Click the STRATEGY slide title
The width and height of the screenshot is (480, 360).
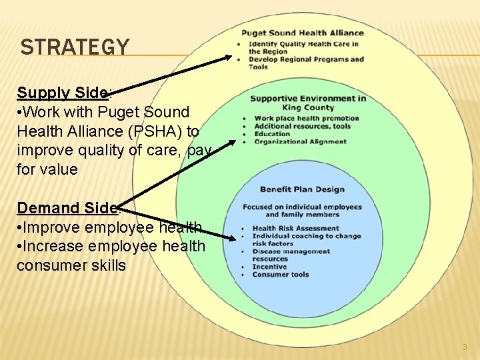click(75, 47)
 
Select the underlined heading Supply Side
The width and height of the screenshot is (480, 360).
click(62, 93)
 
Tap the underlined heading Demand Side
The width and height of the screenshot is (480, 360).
click(67, 208)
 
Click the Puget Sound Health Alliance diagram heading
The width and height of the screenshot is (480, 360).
click(302, 33)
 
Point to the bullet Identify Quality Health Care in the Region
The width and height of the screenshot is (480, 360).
click(303, 47)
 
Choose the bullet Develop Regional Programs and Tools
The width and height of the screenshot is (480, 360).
click(306, 63)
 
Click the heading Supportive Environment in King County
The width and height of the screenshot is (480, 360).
click(307, 103)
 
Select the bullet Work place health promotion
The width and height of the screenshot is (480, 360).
click(307, 119)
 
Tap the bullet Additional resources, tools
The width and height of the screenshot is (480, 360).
click(302, 126)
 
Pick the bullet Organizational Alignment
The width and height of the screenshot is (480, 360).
click(300, 141)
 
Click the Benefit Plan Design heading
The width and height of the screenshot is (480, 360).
click(302, 189)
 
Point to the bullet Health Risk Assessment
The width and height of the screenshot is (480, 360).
click(295, 228)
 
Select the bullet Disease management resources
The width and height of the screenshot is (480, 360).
click(291, 255)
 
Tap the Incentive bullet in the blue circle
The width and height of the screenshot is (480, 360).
click(270, 267)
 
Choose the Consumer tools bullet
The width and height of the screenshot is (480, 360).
click(280, 275)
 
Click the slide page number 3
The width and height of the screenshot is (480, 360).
click(465, 347)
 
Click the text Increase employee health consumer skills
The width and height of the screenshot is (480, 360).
click(111, 256)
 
